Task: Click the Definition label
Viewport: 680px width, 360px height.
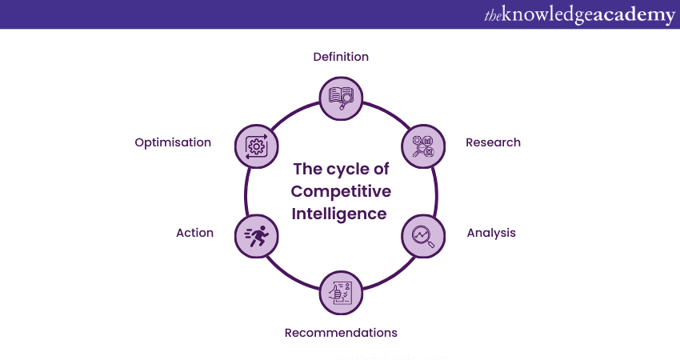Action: coord(341,57)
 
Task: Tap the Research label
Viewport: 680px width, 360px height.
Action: coord(493,142)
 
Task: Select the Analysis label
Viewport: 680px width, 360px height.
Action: coord(491,233)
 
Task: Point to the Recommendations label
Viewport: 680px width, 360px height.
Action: coord(341,333)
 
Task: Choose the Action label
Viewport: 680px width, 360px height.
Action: coord(194,233)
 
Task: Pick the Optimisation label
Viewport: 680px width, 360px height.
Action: coord(173,142)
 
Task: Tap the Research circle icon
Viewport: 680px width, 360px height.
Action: coord(422,146)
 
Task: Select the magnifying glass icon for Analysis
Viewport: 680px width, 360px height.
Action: coord(422,235)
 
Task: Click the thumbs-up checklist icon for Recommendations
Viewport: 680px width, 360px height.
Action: coord(341,292)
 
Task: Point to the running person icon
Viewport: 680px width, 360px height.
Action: coord(257,235)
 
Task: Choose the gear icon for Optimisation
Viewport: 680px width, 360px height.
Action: coord(257,146)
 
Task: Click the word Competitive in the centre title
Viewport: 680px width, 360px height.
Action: coord(341,191)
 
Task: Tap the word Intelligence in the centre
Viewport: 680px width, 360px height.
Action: coord(339,214)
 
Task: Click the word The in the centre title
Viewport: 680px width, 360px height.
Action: coord(308,169)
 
